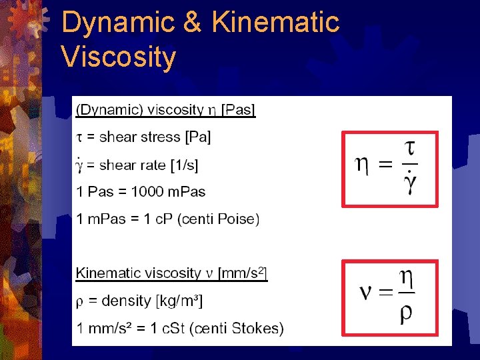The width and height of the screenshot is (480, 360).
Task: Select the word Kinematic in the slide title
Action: [x=276, y=23]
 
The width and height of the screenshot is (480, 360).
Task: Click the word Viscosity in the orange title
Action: [x=118, y=57]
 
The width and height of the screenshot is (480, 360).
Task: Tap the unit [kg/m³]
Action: [x=179, y=301]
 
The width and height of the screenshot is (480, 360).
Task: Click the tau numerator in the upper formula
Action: [x=411, y=149]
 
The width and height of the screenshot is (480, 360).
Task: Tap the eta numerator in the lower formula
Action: [x=406, y=279]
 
